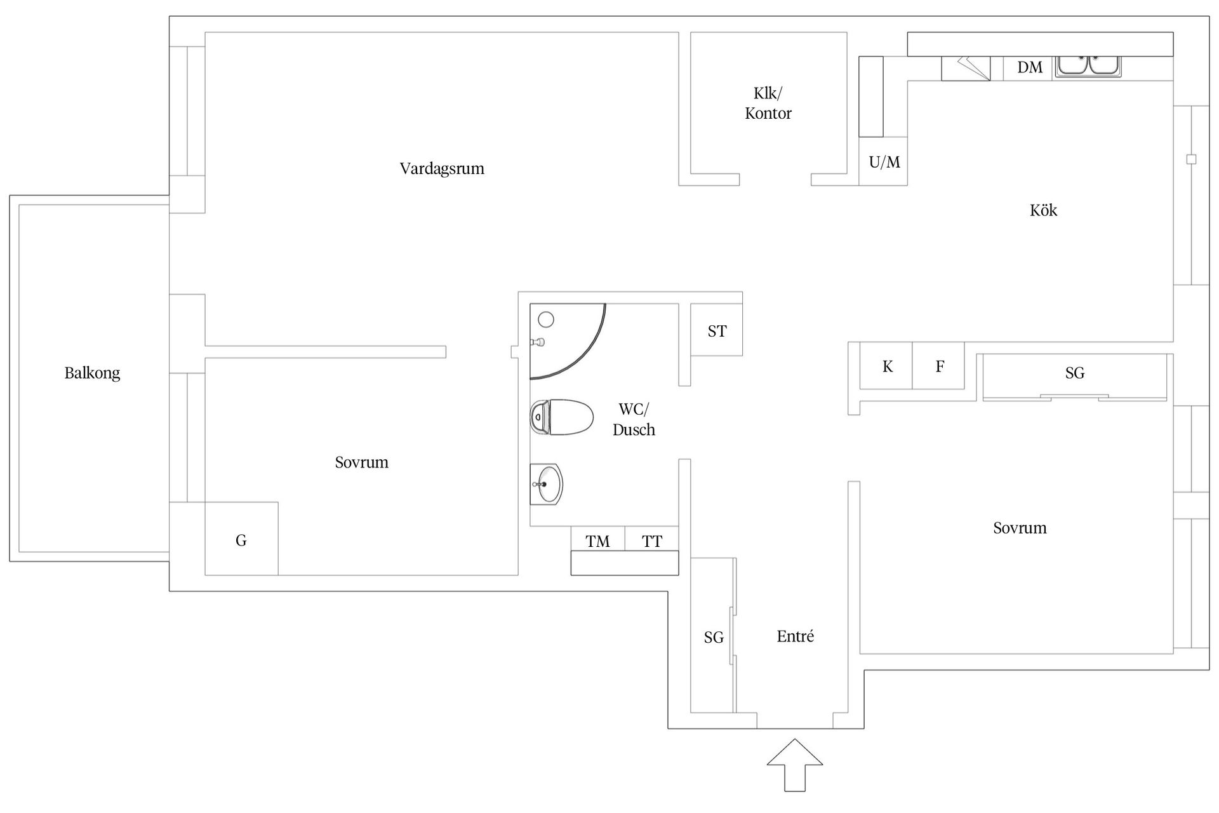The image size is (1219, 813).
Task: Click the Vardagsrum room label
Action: [442, 169]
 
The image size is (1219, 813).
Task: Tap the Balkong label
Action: [92, 373]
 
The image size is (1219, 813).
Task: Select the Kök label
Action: [1043, 210]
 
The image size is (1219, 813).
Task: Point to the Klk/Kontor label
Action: [768, 103]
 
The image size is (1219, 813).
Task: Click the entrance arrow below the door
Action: [795, 765]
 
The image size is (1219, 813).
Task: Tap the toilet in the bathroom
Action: [562, 417]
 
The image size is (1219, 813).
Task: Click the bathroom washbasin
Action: [546, 484]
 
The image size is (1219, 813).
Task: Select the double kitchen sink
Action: [1088, 67]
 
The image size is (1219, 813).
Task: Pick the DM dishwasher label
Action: [1030, 67]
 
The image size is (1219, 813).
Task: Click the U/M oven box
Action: [883, 161]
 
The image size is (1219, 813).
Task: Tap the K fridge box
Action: [886, 366]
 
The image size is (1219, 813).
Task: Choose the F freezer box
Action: [939, 366]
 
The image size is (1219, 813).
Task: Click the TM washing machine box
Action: [597, 539]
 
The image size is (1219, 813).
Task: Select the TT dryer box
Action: [652, 539]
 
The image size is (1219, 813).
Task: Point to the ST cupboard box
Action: [716, 330]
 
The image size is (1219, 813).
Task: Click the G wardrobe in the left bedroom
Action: [241, 539]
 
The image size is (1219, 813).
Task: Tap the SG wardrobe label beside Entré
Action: [714, 638]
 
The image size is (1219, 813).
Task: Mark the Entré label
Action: [795, 636]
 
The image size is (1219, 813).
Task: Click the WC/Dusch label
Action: [634, 420]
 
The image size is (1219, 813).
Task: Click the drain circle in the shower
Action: [546, 319]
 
